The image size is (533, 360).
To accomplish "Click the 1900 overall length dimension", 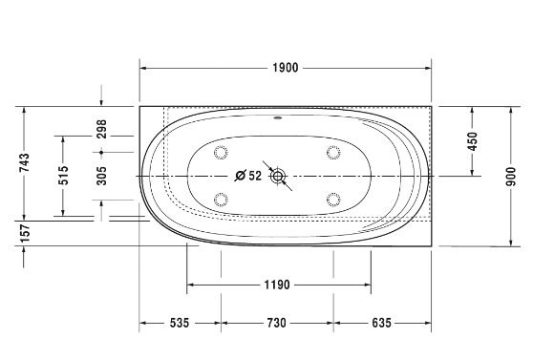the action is point(286,68).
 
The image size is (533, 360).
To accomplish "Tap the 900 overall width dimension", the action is point(511,177).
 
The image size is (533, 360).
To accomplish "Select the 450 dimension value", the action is point(473,141).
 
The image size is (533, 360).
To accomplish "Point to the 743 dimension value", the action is point(25,163).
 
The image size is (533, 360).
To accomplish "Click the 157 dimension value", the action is point(26,233).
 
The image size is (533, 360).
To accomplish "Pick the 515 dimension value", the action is point(63,176).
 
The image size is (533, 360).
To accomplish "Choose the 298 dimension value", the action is point(101,129).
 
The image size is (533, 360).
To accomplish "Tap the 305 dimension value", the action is point(101,176).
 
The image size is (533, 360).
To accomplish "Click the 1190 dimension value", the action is point(277,285).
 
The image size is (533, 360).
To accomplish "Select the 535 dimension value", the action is point(180,323).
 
